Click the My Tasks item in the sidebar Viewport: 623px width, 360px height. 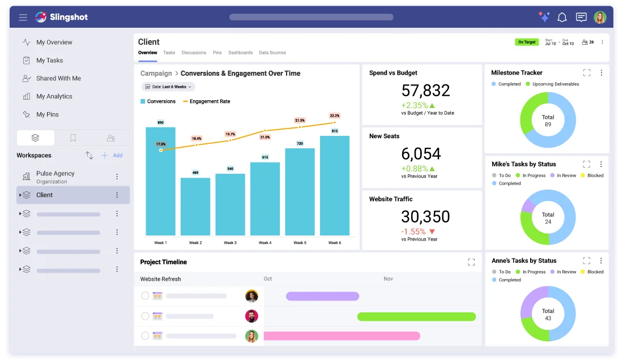click(x=49, y=61)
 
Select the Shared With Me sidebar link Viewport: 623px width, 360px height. click(x=58, y=79)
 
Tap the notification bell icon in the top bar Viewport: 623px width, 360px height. click(x=562, y=18)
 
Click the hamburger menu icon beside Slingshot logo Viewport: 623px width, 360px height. click(x=23, y=18)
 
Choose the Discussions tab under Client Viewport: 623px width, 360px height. click(x=194, y=53)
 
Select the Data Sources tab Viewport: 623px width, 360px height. click(x=272, y=53)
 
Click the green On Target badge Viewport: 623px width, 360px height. click(x=527, y=42)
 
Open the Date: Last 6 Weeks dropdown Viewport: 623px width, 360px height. click(x=168, y=87)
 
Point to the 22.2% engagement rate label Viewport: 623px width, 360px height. click(x=335, y=115)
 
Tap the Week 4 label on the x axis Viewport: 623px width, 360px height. click(x=264, y=243)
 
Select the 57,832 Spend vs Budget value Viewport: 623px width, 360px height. click(x=425, y=91)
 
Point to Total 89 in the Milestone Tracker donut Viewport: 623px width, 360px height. click(x=548, y=121)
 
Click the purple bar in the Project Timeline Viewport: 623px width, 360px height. click(x=322, y=296)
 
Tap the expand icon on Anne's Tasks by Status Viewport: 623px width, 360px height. click(x=587, y=261)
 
